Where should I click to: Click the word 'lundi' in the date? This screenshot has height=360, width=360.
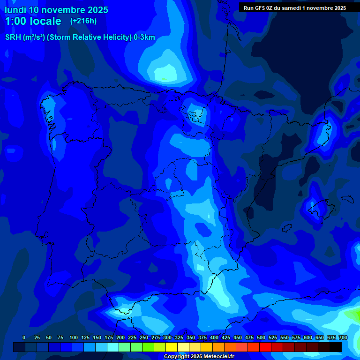coord(15,10)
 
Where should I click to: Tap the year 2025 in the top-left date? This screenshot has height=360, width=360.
coord(95,10)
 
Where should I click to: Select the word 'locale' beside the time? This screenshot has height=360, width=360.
coord(46,21)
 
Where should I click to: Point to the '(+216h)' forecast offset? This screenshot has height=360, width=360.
coord(83,21)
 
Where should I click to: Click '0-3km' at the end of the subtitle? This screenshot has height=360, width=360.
coord(144,37)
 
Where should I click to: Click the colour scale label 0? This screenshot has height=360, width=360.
coord(24,337)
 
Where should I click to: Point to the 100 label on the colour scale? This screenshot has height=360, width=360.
coord(74,337)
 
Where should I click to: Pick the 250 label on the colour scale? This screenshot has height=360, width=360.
coord(144,337)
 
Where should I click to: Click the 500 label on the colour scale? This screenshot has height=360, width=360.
coord(261,337)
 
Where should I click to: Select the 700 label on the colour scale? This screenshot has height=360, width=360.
coord(343,337)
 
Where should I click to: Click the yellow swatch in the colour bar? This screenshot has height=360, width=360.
coord(172,347)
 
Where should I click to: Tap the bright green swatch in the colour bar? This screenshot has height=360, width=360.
coord(148,347)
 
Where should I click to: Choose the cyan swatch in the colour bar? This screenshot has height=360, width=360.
coord(113,347)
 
